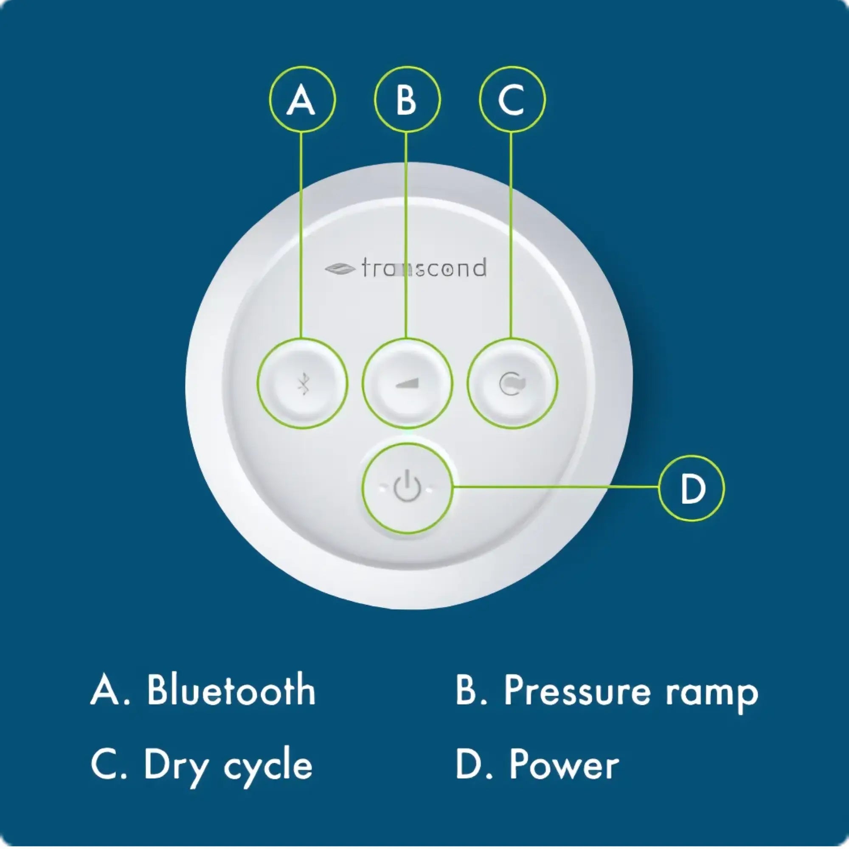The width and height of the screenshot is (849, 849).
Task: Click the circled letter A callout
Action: click(302, 99)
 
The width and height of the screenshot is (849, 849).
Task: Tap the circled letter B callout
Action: click(407, 99)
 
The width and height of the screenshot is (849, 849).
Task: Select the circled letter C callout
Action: click(512, 99)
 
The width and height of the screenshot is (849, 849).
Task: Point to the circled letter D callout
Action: click(691, 488)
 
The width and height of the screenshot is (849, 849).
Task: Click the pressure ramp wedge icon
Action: click(407, 384)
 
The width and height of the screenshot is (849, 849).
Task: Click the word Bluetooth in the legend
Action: click(231, 690)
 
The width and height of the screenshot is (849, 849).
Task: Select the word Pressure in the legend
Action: click(576, 690)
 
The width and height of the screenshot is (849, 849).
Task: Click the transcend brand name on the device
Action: click(424, 268)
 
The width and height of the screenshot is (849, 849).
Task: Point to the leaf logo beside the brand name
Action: click(340, 269)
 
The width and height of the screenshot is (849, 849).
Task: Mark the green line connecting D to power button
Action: click(556, 487)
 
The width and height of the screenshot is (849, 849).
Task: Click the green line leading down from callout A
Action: click(301, 233)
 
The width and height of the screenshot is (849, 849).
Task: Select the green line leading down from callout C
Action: click(511, 233)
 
